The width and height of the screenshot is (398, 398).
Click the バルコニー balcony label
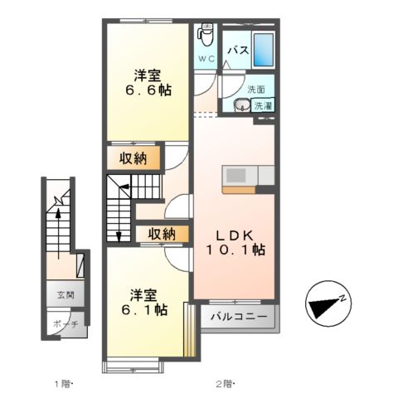point(238,317)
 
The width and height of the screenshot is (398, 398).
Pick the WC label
point(206,59)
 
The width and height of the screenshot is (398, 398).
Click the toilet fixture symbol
point(206,34)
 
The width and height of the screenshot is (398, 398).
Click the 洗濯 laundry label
point(263,105)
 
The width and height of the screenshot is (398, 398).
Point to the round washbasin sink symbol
point(241,105)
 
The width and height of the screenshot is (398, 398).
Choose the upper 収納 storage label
point(132,158)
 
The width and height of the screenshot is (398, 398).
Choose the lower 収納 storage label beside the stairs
point(162,234)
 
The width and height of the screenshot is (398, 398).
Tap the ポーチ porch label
point(66,324)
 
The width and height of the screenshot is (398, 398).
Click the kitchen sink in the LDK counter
point(236,176)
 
